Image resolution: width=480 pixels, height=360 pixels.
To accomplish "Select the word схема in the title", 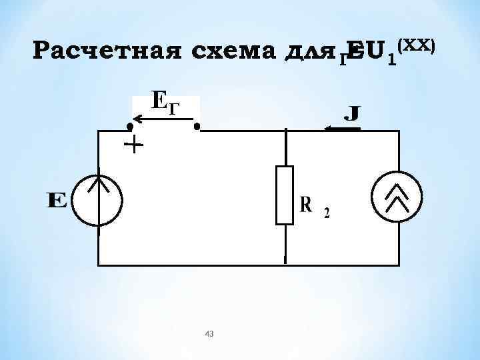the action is tap(231, 52).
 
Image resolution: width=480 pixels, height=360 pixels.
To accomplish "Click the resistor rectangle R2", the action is tap(285, 195).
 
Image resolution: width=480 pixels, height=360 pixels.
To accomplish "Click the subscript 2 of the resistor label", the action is tap(326, 213).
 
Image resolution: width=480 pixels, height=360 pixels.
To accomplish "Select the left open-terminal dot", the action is tap(131, 125).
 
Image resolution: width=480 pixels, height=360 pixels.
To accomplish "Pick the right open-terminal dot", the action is tap(197, 125).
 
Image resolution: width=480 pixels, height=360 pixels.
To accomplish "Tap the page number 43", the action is tap(209, 333).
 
